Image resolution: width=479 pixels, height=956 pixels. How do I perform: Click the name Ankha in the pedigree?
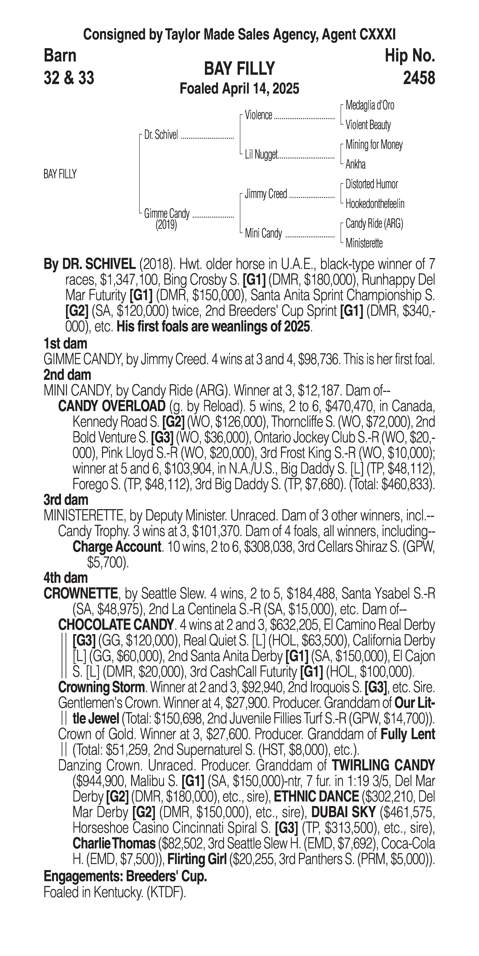click(355, 164)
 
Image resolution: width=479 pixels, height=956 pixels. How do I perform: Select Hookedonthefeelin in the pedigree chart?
click(375, 204)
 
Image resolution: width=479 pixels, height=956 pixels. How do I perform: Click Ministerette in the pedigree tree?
click(364, 243)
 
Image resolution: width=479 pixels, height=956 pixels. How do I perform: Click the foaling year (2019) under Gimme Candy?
click(166, 225)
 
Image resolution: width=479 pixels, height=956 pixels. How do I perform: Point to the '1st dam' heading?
click(65, 343)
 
